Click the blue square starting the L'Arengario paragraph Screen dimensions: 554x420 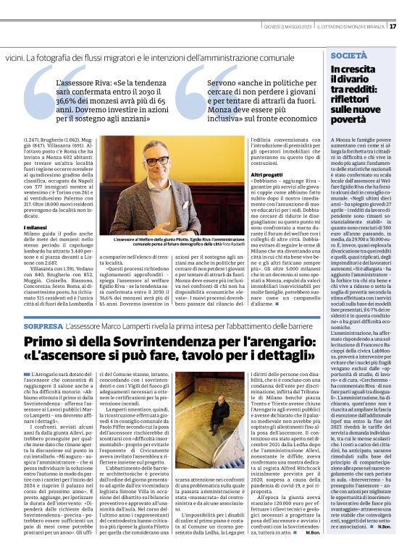pos(27,372)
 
